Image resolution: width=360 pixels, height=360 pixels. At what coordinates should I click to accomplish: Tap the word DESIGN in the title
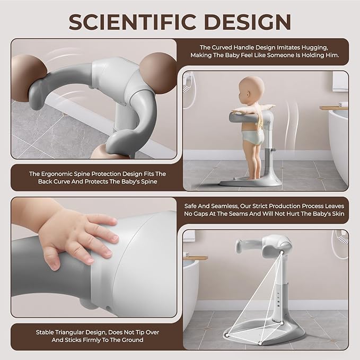[248, 22]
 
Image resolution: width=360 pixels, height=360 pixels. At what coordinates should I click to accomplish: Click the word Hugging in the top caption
[314, 48]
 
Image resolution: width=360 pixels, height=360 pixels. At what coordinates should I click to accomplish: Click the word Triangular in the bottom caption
[72, 332]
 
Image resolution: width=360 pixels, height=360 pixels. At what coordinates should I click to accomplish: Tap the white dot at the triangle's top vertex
[282, 252]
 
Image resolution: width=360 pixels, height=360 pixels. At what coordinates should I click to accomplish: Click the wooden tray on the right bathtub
[334, 108]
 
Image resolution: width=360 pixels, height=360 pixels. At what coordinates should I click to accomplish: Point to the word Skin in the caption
[338, 214]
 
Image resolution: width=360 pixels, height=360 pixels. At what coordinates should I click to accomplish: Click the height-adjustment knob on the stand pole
[273, 150]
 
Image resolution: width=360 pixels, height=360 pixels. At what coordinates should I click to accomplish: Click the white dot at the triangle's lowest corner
[260, 344]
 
